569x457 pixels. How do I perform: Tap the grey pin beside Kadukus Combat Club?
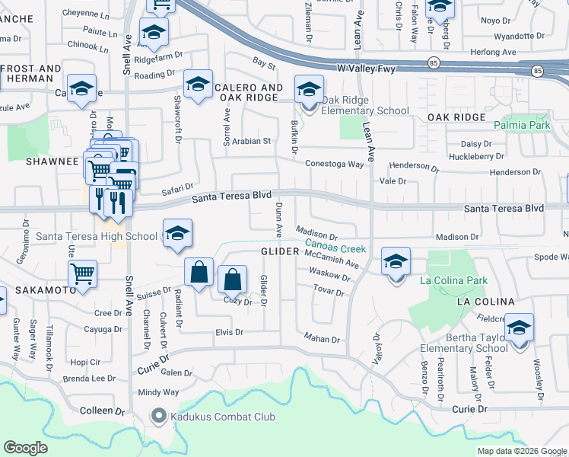click(159, 416)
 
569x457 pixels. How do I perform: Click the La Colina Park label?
click(455, 281)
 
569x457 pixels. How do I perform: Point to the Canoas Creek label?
click(335, 248)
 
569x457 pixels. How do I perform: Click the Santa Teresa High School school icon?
click(176, 235)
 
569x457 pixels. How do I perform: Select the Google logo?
click(26, 448)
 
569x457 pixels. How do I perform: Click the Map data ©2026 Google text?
click(522, 451)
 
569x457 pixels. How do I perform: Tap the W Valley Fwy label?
click(388, 66)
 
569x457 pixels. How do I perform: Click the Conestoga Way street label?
click(335, 164)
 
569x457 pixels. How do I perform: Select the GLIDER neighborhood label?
click(280, 251)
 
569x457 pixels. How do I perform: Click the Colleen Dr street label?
click(102, 411)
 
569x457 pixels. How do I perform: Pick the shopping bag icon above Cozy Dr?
click(233, 280)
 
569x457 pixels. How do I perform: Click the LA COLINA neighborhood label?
click(485, 302)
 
